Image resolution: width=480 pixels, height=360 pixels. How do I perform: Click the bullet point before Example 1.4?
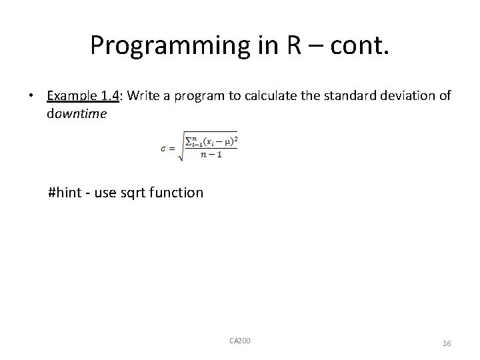click(x=31, y=96)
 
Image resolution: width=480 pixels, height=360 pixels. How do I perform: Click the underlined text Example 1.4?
click(x=83, y=96)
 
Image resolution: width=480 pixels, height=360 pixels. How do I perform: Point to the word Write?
click(x=140, y=96)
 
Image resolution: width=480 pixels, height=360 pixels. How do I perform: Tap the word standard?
click(x=331, y=96)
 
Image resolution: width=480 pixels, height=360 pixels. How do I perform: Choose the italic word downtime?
click(x=77, y=113)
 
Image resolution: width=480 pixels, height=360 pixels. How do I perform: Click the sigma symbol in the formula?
click(x=163, y=149)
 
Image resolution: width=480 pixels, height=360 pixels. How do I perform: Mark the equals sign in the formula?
click(x=171, y=149)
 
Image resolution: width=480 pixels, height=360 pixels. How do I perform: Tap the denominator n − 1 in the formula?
click(x=210, y=155)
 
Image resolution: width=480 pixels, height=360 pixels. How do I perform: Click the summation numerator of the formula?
click(x=210, y=141)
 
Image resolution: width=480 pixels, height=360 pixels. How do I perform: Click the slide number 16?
click(x=446, y=343)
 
